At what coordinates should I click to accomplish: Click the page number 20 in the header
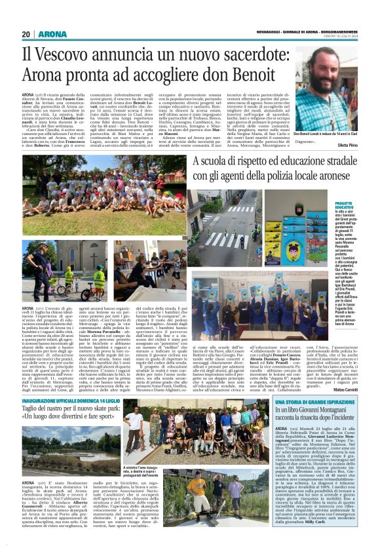[26, 34]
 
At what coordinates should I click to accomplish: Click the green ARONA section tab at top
[52, 34]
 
